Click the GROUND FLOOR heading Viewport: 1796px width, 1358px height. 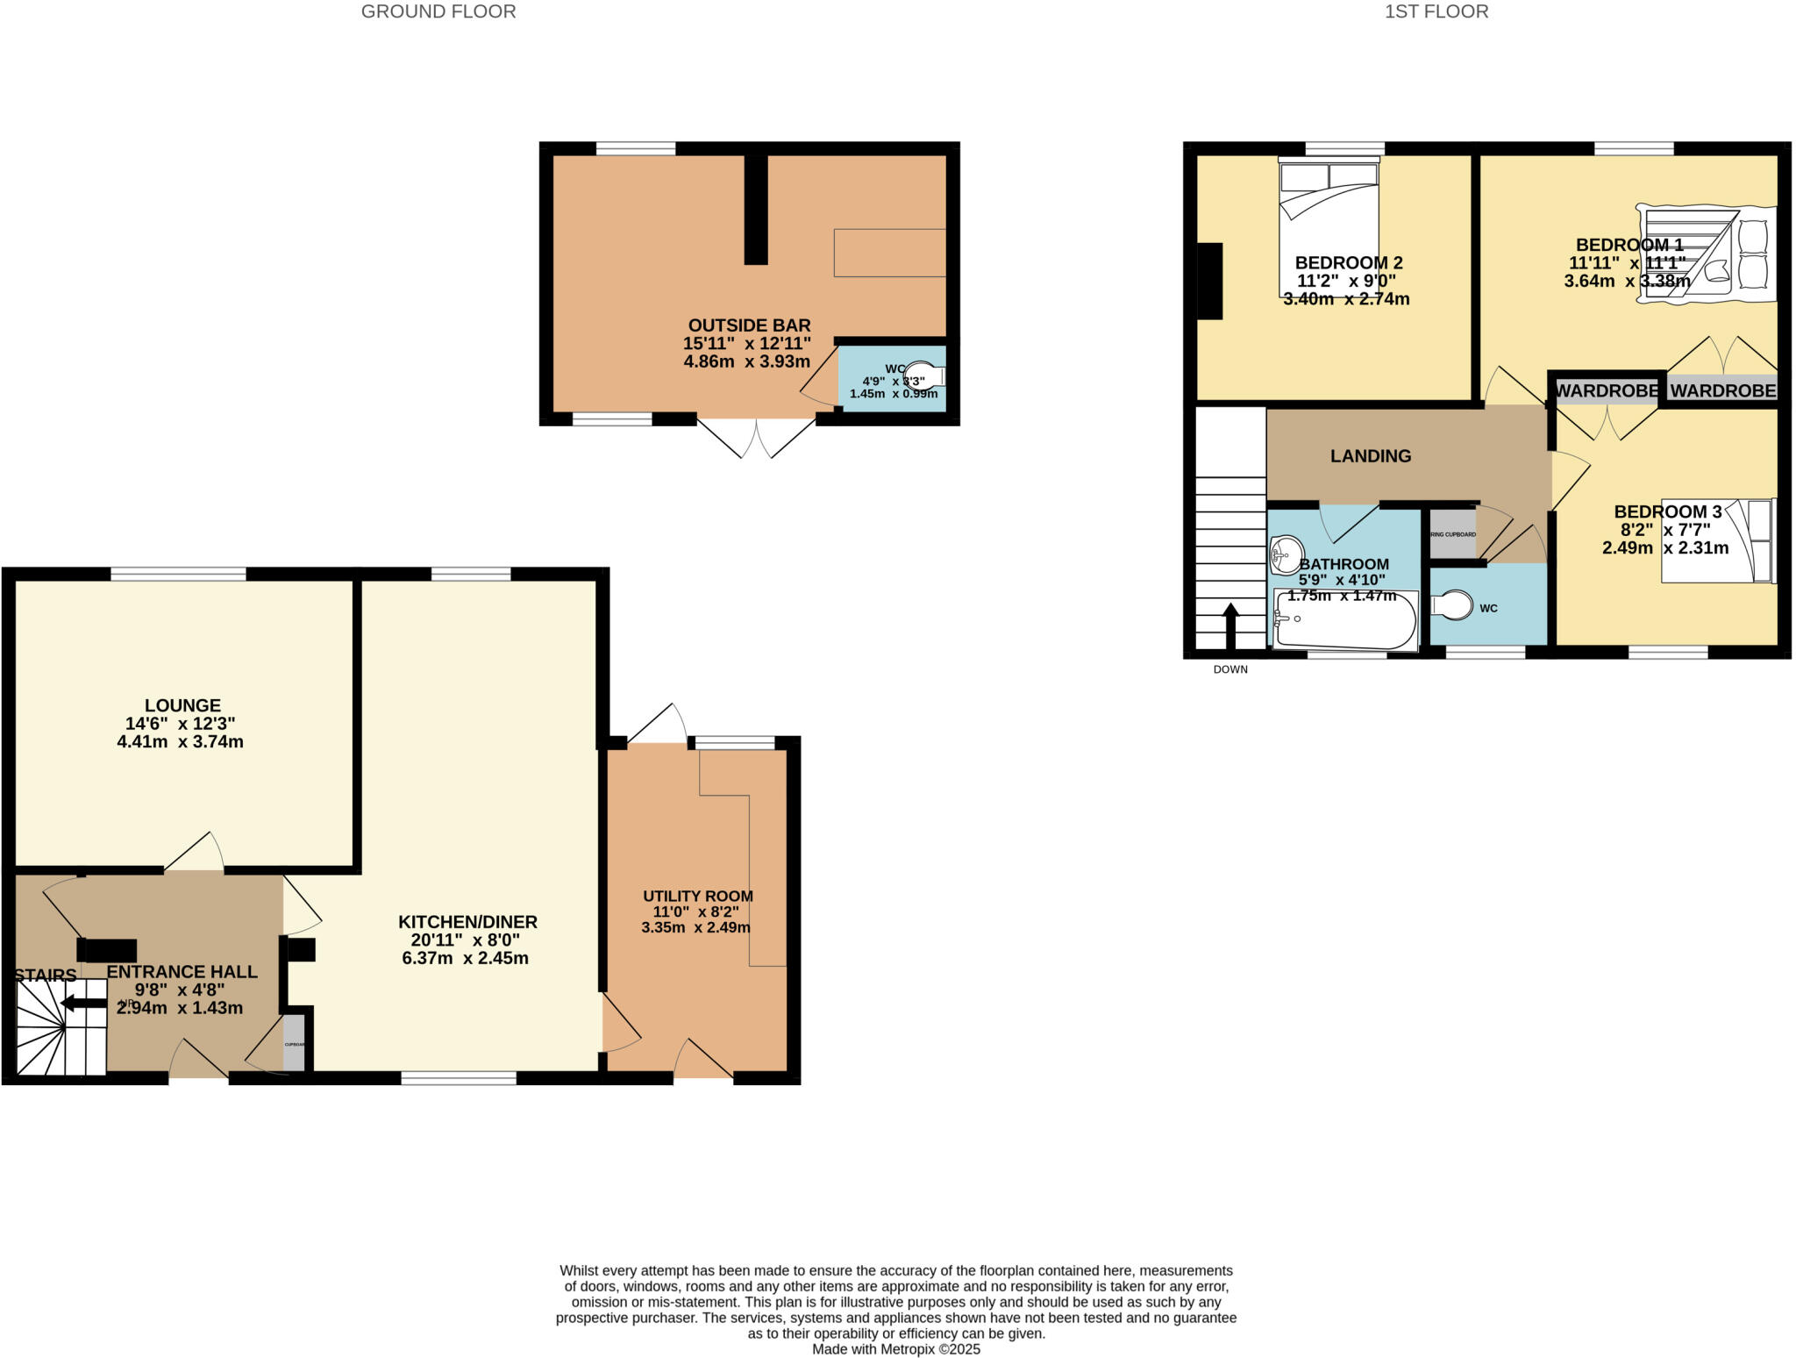click(438, 11)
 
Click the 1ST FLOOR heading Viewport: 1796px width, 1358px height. click(1436, 11)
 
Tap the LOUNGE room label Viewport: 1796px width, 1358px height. click(182, 705)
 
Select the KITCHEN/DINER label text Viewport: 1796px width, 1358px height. click(467, 922)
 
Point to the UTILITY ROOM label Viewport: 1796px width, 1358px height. click(698, 896)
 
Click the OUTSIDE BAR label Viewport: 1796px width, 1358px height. click(749, 325)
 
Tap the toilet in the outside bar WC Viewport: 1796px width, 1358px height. click(924, 375)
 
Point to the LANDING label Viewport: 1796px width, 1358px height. click(1371, 456)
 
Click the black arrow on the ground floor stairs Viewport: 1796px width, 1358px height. click(83, 1004)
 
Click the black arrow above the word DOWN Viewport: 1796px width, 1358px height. click(1230, 626)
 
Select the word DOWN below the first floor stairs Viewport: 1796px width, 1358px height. click(1230, 669)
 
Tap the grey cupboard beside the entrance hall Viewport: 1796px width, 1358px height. click(294, 1043)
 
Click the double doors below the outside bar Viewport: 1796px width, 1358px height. click(756, 439)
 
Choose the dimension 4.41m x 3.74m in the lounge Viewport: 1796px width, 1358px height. click(180, 742)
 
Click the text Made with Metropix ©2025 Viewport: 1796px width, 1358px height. click(895, 1349)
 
